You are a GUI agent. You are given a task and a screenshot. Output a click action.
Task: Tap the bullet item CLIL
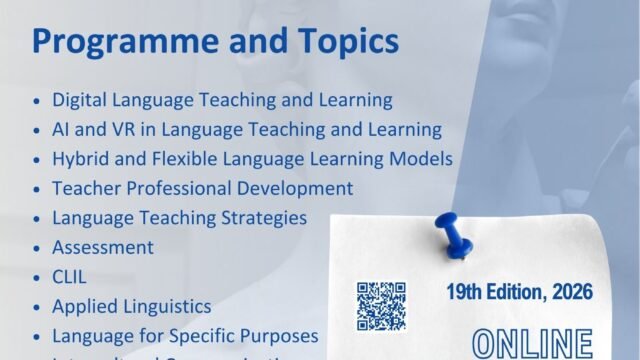tap(71, 277)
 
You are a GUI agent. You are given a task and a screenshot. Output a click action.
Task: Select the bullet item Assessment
tap(103, 247)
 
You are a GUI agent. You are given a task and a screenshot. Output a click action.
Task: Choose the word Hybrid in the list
tap(80, 159)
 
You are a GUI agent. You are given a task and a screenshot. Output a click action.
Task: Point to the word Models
tap(423, 159)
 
